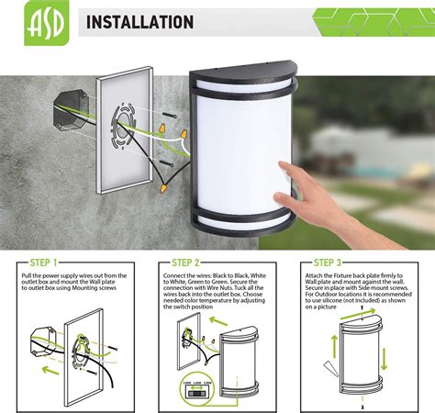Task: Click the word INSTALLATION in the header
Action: (x=139, y=22)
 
